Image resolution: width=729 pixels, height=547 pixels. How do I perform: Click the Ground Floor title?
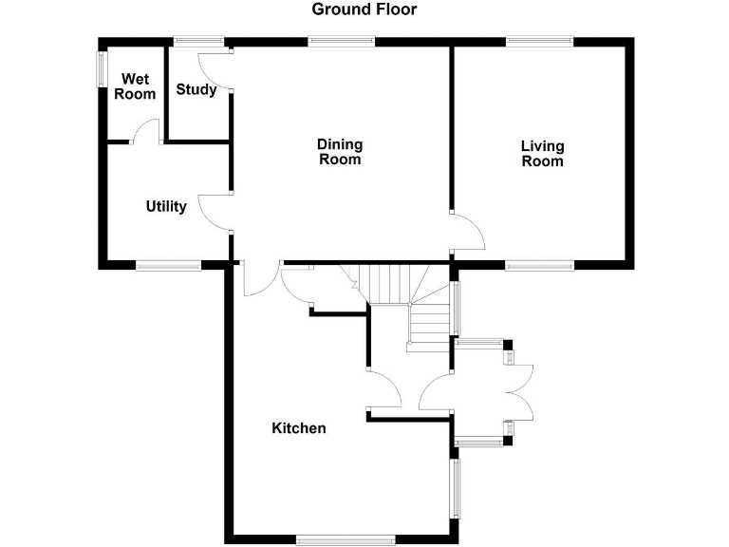pos(364,9)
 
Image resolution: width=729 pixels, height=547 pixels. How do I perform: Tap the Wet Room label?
pos(135,86)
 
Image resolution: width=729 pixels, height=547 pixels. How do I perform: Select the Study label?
pos(196,90)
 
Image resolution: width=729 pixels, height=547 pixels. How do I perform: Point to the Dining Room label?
pos(340,152)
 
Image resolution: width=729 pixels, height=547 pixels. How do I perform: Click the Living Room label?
pos(542,153)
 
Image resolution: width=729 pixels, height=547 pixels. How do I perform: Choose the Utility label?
pos(166,206)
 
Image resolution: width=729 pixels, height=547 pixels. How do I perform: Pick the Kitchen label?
pos(299,428)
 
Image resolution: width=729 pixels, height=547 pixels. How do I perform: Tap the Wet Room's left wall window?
pos(102,68)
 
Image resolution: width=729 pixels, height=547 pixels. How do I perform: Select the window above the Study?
pos(198,41)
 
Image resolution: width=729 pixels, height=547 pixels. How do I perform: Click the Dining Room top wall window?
pos(341,41)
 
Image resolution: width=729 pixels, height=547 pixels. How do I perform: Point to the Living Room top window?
pos(539,41)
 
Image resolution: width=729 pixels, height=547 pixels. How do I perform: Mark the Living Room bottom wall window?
pos(538,266)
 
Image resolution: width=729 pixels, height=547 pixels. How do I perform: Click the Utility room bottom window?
pos(167,266)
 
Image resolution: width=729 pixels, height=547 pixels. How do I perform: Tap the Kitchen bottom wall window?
pos(345,539)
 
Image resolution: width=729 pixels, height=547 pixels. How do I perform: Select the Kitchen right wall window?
pos(456,489)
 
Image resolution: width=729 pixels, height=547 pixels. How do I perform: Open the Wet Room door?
pos(145,131)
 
